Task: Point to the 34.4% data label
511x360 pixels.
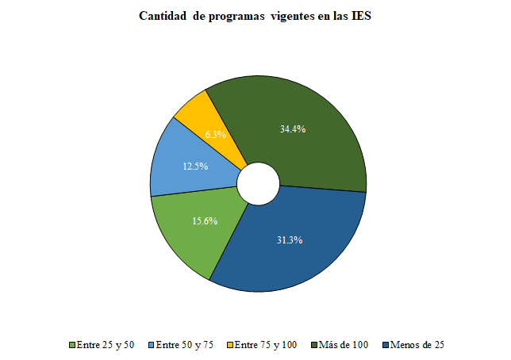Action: (x=293, y=128)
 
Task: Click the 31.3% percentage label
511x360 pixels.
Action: (x=290, y=240)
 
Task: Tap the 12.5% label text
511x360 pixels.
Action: (x=196, y=167)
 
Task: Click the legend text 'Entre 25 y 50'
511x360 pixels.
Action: (x=106, y=345)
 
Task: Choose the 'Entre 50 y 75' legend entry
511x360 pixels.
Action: (x=185, y=345)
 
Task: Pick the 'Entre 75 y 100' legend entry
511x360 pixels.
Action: (x=267, y=345)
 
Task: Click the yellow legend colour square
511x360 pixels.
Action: (x=231, y=345)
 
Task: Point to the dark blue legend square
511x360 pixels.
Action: (x=386, y=345)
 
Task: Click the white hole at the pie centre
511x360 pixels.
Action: (x=259, y=184)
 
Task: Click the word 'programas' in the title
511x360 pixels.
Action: (x=236, y=16)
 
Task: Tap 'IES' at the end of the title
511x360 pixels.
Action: (x=362, y=16)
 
